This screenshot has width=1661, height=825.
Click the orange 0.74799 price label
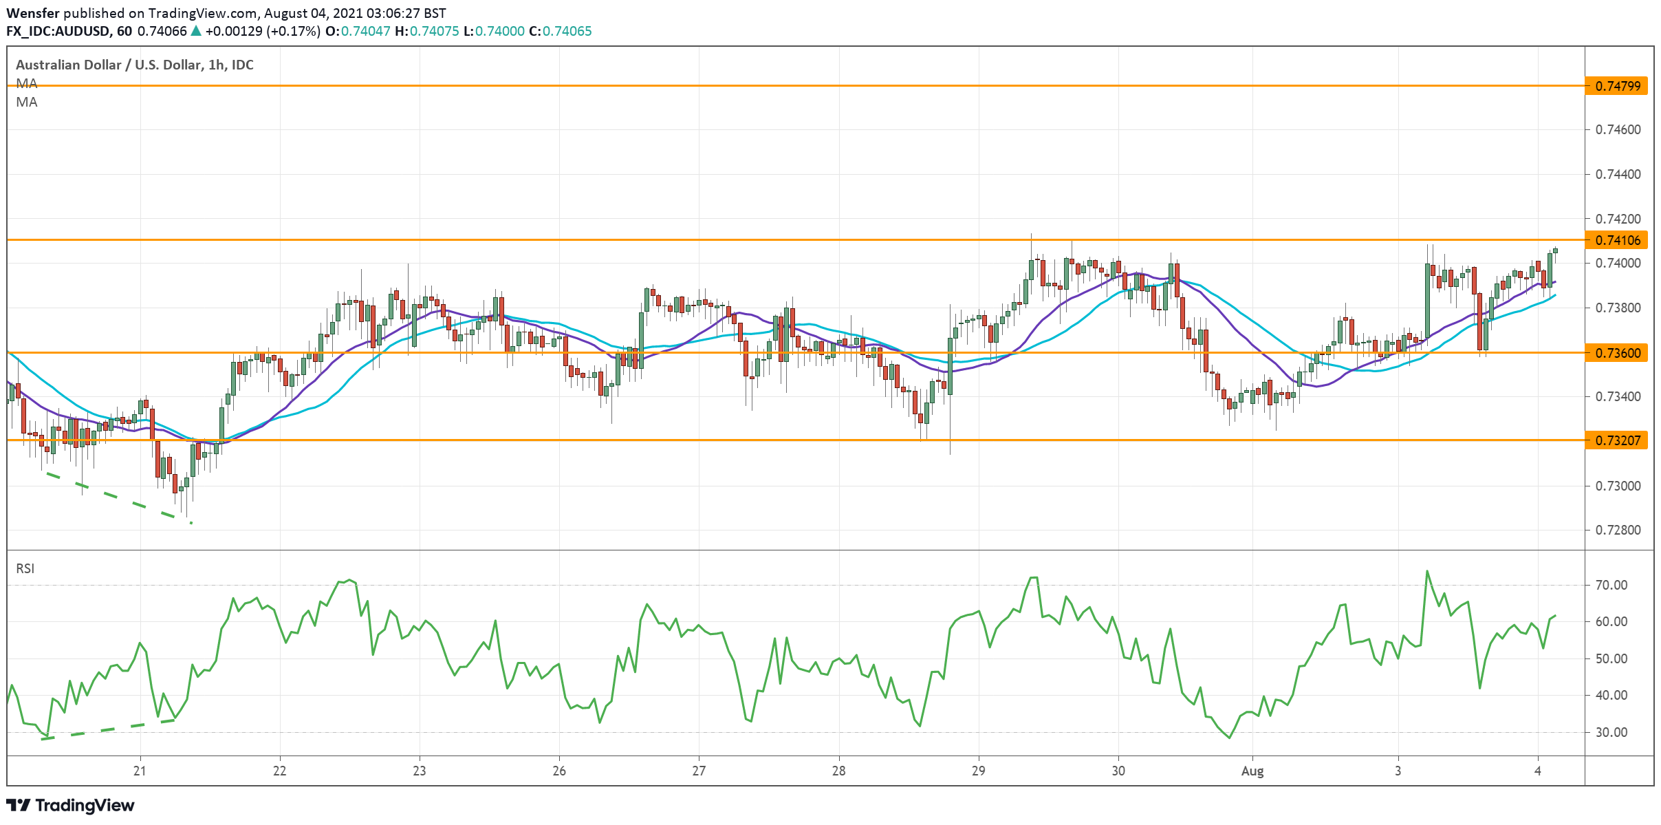tap(1616, 86)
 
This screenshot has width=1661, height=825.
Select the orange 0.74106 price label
tap(1616, 240)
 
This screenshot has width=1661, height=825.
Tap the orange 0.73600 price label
tap(1616, 353)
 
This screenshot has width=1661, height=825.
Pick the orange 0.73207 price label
tap(1616, 440)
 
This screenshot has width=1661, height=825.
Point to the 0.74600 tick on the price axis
tap(1618, 129)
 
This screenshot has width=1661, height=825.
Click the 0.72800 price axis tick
tap(1618, 531)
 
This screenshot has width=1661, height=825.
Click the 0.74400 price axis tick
tap(1618, 174)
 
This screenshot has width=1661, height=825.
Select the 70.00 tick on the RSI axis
tap(1611, 586)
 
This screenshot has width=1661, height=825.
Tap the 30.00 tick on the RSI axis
tap(1611, 733)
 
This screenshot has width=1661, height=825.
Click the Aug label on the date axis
tap(1252, 771)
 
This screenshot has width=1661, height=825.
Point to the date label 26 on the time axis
tap(559, 771)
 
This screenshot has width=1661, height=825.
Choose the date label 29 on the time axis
tap(978, 771)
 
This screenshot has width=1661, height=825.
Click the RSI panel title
tap(25, 568)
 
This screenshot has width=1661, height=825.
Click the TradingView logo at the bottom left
tap(70, 805)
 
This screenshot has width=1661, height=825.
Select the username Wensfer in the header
tap(33, 13)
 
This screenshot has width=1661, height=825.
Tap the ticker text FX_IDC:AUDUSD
tap(59, 31)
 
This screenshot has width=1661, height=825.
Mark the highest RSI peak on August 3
tap(1426, 571)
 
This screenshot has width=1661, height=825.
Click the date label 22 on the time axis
tap(279, 771)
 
